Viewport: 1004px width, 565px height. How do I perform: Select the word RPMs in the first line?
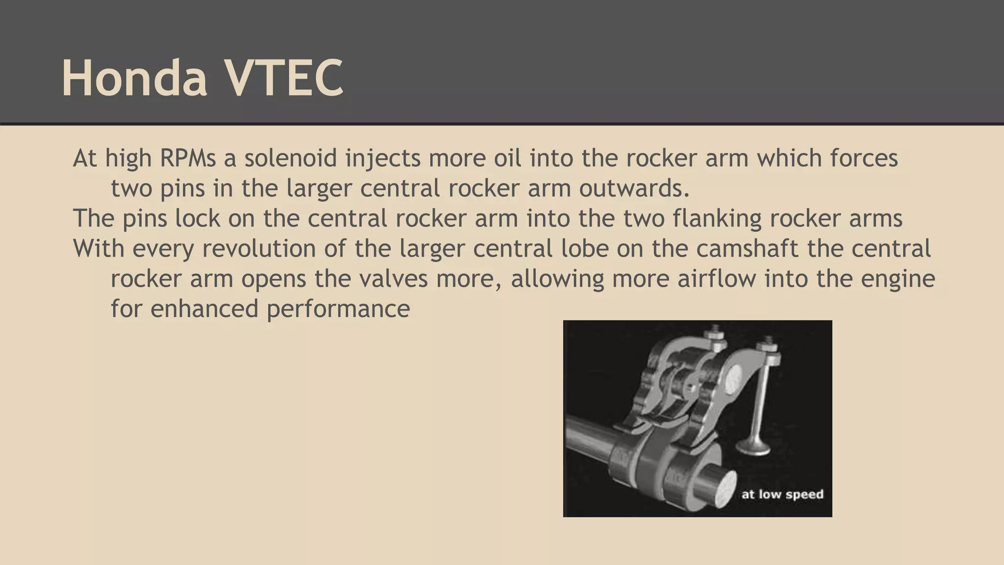point(188,158)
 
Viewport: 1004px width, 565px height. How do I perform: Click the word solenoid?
point(291,158)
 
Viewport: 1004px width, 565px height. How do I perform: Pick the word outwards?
point(634,189)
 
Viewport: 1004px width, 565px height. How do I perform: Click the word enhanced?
point(204,309)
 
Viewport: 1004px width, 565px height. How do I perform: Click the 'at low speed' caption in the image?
point(782,494)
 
